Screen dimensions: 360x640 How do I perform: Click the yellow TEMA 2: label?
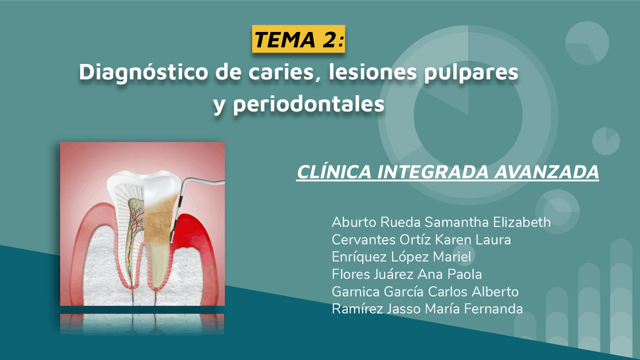click(x=298, y=39)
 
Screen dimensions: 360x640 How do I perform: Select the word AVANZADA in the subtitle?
click(x=546, y=172)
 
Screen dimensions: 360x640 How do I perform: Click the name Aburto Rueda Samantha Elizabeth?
click(x=441, y=222)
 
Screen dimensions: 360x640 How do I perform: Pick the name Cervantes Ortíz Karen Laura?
click(x=421, y=239)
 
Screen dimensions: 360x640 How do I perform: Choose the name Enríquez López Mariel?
click(x=401, y=257)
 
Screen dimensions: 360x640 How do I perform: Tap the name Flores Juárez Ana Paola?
click(x=406, y=274)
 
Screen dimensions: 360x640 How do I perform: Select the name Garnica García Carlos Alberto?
click(x=425, y=291)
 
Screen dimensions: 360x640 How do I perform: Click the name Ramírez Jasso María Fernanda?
click(x=427, y=309)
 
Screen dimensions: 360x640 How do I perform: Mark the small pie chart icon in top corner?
click(x=586, y=43)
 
